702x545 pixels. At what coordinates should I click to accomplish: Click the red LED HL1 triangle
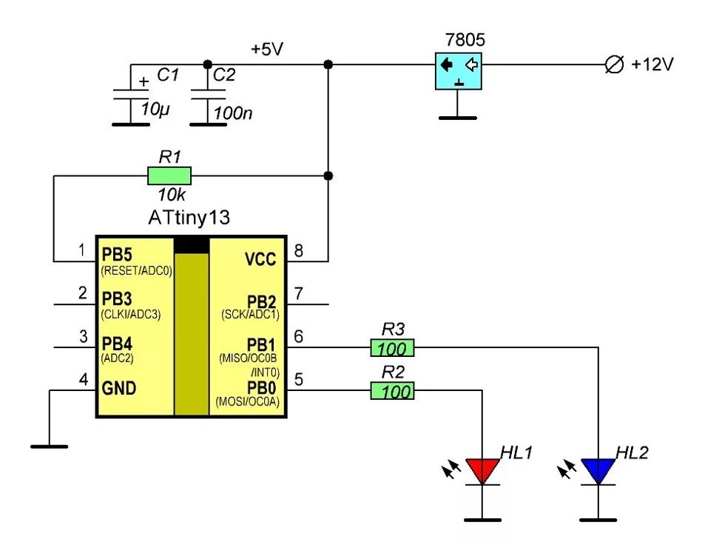[482, 469]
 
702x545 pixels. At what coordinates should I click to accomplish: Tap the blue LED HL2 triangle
[598, 469]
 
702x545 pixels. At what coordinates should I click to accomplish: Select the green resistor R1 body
[169, 175]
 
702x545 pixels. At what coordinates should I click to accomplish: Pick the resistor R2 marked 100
[392, 390]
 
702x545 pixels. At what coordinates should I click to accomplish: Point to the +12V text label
[652, 64]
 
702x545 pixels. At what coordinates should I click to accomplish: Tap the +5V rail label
[267, 50]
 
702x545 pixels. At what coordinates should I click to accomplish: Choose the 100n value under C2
[232, 114]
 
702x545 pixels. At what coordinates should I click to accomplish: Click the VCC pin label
[260, 259]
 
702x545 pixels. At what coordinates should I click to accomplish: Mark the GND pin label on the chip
[119, 388]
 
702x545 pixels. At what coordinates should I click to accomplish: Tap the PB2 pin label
[260, 301]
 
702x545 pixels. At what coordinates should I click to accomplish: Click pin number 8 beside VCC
[299, 252]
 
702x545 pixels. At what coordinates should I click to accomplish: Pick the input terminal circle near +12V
[613, 65]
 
